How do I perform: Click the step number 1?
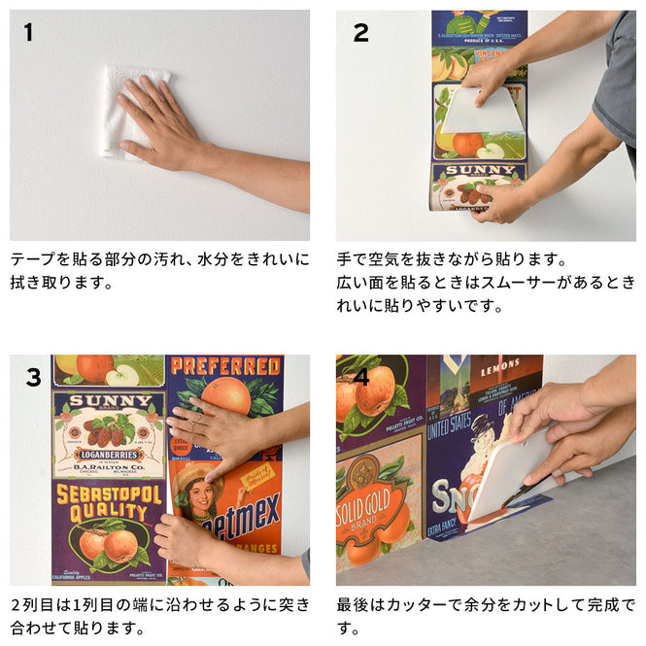(28, 33)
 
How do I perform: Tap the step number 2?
(360, 33)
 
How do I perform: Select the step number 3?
(33, 376)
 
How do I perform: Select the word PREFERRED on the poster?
(225, 366)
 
